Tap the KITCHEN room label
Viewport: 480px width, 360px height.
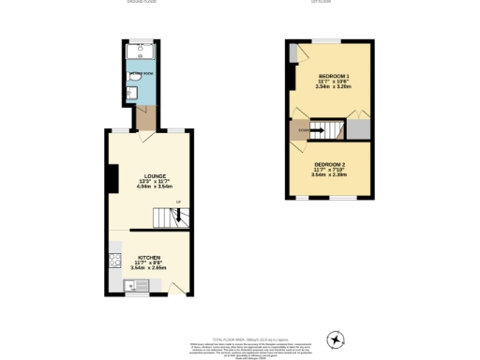click(149, 256)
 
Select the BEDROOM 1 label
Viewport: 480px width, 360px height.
click(334, 75)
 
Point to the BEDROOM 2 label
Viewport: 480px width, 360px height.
click(331, 162)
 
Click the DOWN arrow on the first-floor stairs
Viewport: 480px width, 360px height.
click(306, 130)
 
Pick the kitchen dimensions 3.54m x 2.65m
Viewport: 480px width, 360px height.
click(149, 268)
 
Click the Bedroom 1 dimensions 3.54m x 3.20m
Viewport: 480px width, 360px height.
click(334, 87)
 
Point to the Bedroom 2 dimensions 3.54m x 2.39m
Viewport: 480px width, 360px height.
click(331, 174)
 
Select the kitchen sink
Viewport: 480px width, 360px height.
click(128, 285)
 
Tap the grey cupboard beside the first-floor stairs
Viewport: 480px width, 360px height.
click(360, 129)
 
